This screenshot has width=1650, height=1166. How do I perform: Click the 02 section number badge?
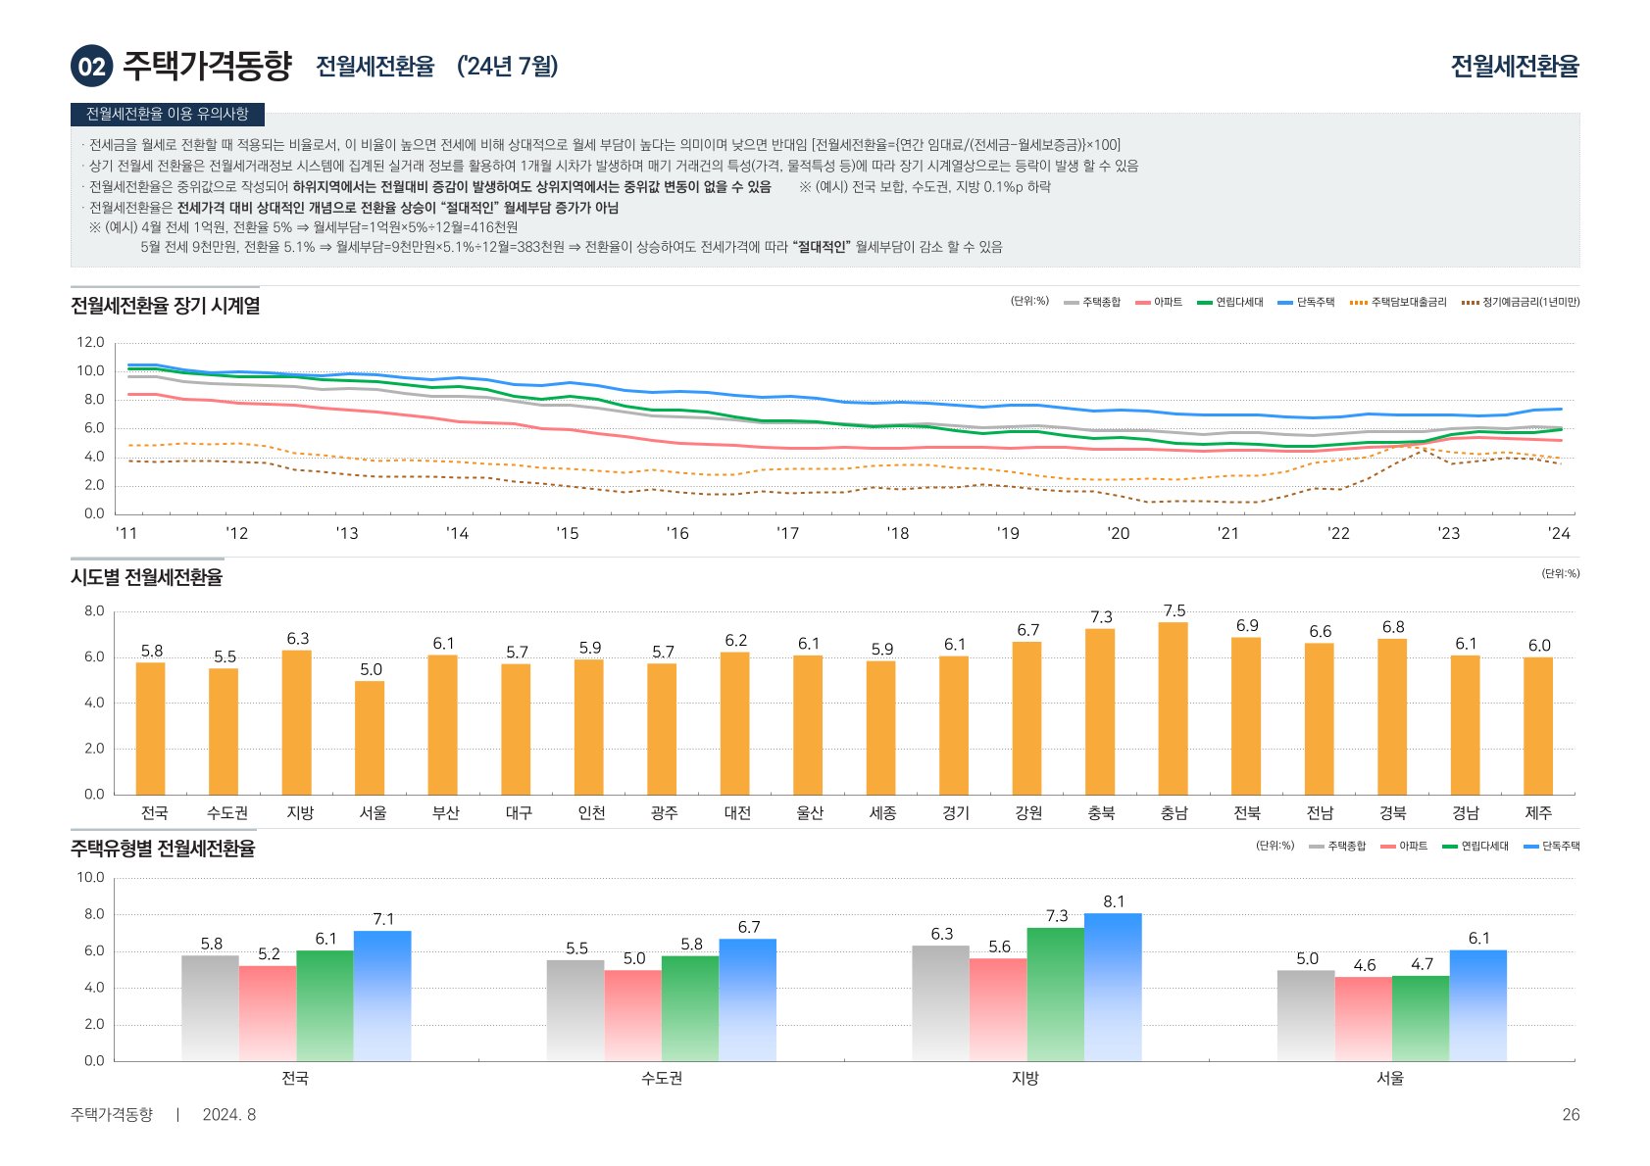91,66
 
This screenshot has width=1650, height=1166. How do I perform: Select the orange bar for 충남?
1174,707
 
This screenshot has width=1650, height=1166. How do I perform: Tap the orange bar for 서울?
370,737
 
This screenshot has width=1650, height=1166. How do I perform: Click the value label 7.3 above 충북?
1101,617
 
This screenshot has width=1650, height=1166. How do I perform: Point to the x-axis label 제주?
1538,813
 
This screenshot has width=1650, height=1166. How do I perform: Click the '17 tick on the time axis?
787,534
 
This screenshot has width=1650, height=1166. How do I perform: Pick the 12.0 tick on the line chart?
90,343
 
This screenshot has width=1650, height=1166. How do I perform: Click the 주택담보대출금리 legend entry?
1399,302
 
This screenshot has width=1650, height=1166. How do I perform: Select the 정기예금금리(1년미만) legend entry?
1521,302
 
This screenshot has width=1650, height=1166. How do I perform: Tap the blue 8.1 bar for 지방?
1113,987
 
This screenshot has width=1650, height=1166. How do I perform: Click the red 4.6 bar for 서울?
1363,1019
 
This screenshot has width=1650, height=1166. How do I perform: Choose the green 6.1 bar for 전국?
325,1005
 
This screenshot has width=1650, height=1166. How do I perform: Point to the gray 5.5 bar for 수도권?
575,1010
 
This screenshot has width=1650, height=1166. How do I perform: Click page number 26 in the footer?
1571,1115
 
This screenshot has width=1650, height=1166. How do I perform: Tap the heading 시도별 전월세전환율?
146,577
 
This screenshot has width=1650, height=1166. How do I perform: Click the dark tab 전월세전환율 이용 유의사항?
168,114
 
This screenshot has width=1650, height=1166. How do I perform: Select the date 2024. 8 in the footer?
228,1115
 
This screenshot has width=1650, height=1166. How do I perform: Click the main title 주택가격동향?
207,66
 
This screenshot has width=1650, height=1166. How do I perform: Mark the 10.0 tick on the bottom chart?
90,878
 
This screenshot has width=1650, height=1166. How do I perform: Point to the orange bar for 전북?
1246,715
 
